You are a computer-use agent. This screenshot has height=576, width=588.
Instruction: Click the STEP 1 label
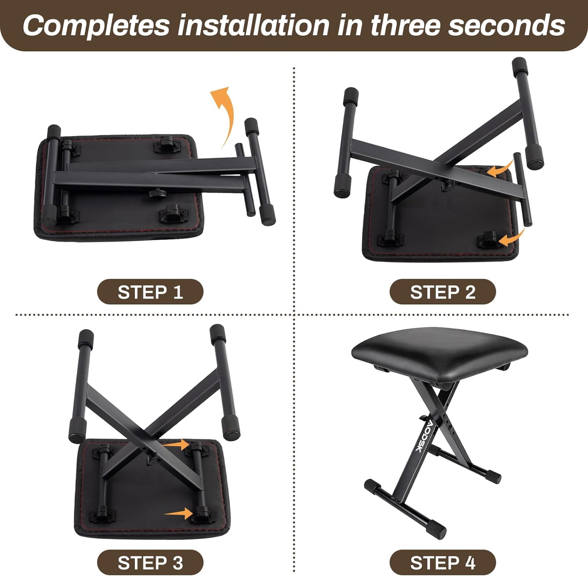(x=150, y=292)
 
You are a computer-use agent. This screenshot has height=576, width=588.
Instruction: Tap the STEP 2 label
(x=443, y=292)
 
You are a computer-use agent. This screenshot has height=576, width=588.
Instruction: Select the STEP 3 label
(x=150, y=563)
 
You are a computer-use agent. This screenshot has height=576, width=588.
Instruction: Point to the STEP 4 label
(x=443, y=563)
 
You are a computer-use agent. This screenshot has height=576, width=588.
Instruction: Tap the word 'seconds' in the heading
(x=506, y=25)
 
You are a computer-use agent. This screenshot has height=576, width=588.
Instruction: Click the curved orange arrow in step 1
(x=224, y=114)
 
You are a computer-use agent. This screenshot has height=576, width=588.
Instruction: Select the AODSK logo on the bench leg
(x=423, y=436)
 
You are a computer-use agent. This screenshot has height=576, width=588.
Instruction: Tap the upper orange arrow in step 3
(x=176, y=444)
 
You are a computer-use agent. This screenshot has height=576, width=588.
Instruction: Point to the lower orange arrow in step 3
(x=178, y=513)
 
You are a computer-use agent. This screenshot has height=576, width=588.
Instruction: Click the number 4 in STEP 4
(x=470, y=563)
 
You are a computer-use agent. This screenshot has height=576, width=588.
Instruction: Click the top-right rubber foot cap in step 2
(x=521, y=67)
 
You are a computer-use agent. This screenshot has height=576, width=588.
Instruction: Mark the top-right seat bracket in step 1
(x=167, y=145)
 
